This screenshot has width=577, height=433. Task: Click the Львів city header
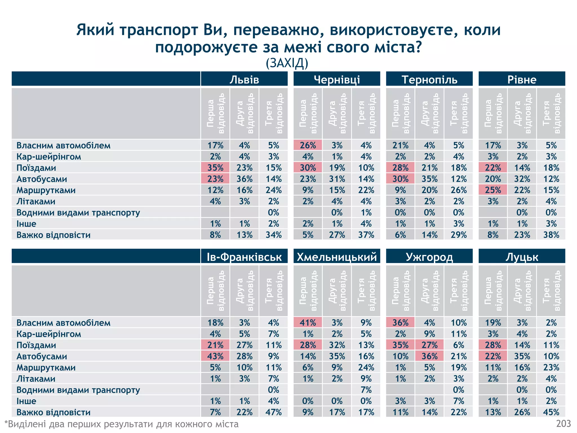point(244,79)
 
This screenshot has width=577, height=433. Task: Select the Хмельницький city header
point(337,257)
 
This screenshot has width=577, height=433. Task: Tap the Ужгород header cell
point(429,257)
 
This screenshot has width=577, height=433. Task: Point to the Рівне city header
point(522,79)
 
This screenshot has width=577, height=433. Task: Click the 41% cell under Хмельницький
point(308,322)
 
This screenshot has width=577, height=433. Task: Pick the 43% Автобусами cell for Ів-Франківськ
point(215,356)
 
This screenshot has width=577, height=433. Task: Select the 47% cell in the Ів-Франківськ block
point(273,412)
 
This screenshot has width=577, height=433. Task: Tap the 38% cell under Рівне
point(551,235)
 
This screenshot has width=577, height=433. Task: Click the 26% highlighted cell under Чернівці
point(308,145)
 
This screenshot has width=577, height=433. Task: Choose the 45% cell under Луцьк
point(551,412)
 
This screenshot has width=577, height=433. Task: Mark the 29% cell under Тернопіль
point(458,235)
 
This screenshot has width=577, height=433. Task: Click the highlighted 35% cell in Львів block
point(215,168)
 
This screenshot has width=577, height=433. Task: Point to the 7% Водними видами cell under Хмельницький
point(366,390)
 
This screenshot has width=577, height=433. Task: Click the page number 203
point(563,424)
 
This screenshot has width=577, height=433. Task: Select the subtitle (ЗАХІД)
point(287,63)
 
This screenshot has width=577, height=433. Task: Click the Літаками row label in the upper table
point(36,201)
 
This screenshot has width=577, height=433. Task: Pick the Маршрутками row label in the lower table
point(46,367)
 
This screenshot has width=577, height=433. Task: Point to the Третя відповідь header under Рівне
point(551,113)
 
